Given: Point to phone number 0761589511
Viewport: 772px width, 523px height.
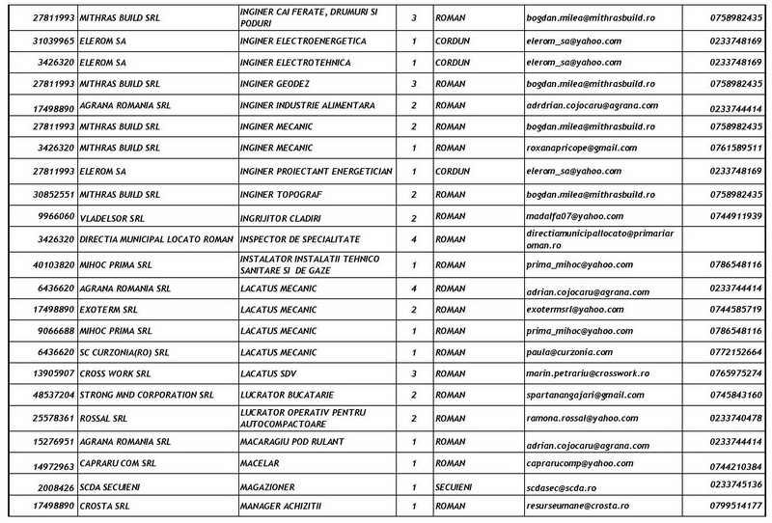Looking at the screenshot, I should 737,149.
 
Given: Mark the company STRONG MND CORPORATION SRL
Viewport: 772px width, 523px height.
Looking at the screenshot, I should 147,396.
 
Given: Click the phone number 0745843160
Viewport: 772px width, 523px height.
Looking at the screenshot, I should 737,396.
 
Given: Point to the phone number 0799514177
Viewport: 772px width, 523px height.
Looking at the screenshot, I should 737,507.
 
